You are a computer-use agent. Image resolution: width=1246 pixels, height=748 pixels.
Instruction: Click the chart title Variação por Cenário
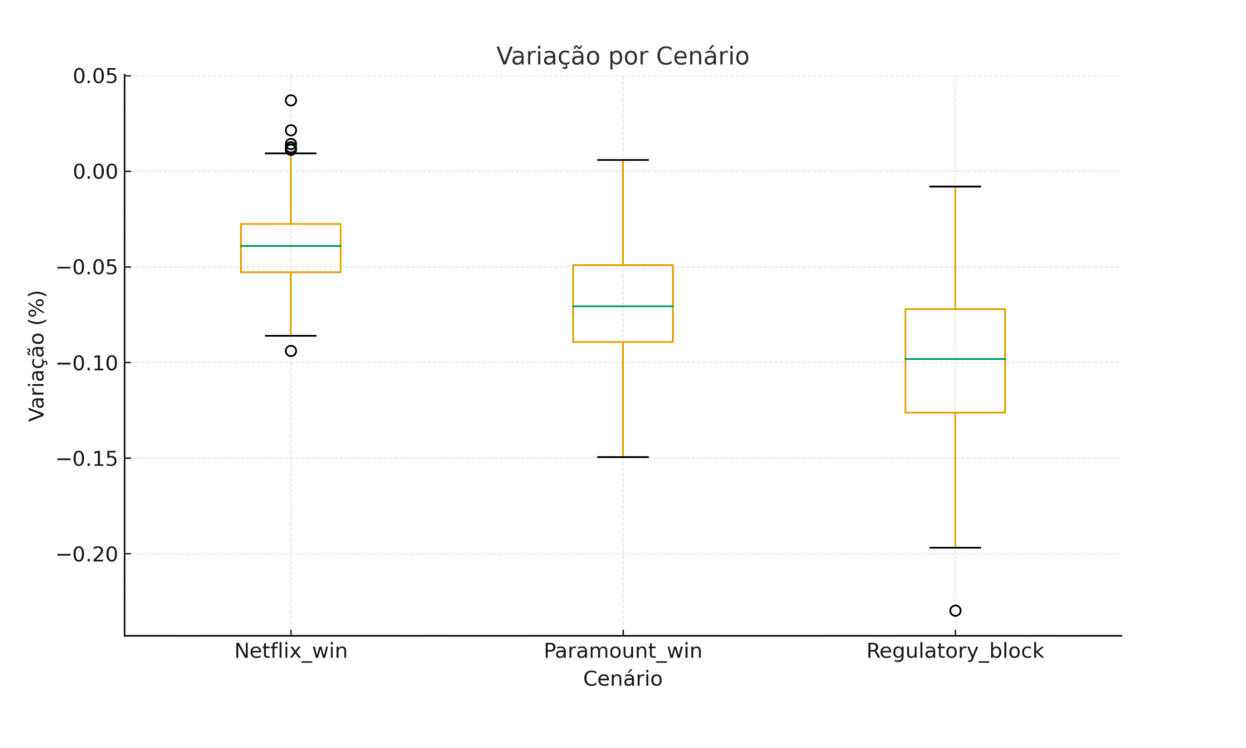coord(622,57)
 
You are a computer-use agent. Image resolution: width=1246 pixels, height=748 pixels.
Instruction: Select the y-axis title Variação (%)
coord(37,356)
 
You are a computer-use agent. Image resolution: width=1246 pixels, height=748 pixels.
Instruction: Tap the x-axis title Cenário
coord(622,679)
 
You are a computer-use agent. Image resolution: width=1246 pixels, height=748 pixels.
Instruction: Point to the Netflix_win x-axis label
coord(291,651)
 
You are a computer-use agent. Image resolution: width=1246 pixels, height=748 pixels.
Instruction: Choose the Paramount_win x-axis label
coord(622,651)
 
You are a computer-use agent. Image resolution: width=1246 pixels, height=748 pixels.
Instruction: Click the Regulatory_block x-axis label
coord(954,651)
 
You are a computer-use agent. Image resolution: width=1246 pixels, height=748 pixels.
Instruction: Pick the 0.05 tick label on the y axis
coord(96,76)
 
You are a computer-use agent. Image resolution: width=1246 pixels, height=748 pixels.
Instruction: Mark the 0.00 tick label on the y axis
coord(96,172)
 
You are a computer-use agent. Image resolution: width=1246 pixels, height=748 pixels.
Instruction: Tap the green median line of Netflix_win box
coord(291,246)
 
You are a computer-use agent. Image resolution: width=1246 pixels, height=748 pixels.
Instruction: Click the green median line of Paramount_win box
coord(622,307)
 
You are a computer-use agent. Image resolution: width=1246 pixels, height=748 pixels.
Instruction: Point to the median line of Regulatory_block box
coord(954,359)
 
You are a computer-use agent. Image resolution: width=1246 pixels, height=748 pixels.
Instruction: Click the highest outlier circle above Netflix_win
coord(291,101)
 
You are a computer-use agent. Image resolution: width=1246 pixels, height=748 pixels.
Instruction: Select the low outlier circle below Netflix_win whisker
coord(291,351)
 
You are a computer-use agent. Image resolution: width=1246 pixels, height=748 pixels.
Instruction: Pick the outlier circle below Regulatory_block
coord(955,611)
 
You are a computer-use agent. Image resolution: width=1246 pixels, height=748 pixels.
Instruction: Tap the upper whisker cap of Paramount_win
coord(622,160)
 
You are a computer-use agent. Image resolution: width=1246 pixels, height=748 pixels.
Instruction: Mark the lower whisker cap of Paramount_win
coord(622,457)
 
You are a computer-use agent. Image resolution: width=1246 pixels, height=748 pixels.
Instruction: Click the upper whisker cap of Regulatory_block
coord(954,186)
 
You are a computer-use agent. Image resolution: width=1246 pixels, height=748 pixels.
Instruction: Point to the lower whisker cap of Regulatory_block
coord(954,548)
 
